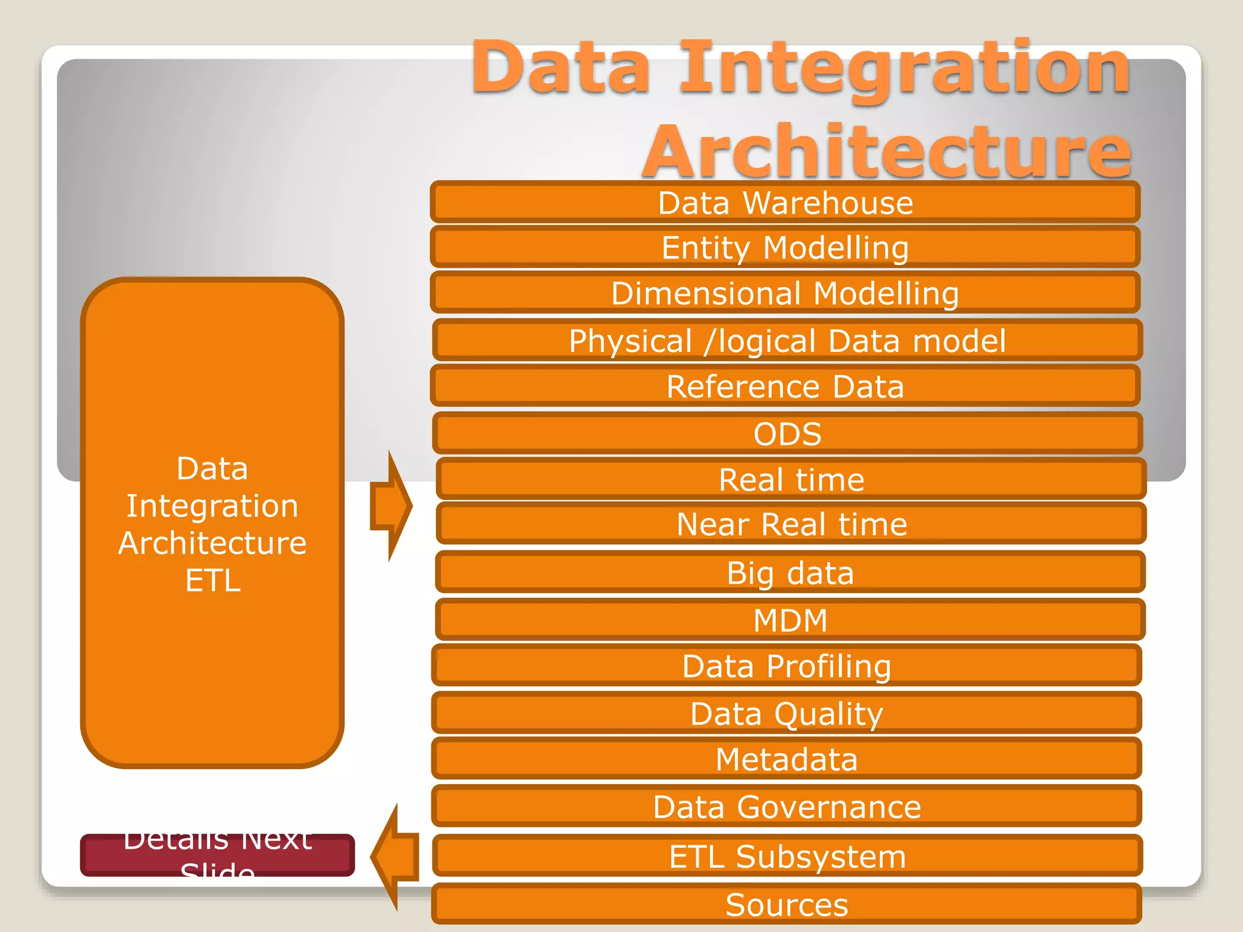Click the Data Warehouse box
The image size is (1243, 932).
[785, 203]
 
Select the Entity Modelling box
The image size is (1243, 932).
[785, 248]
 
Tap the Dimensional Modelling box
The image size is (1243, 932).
[785, 293]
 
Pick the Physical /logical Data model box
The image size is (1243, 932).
[787, 340]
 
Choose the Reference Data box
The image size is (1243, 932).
[785, 386]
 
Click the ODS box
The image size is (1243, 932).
[787, 433]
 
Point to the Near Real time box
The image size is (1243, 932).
[791, 524]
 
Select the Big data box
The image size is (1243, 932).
[790, 572]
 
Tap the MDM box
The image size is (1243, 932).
[790, 620]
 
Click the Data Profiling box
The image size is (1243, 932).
[786, 666]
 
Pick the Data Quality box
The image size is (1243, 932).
[786, 713]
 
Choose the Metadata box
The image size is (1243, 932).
[786, 759]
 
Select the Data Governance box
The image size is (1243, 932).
[786, 806]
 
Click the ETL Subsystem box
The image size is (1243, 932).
[787, 856]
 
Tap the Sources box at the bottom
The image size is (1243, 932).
[786, 905]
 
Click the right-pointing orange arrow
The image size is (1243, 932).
[391, 505]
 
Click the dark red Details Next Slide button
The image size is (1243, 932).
[217, 855]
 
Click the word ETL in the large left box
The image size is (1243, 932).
[212, 580]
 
